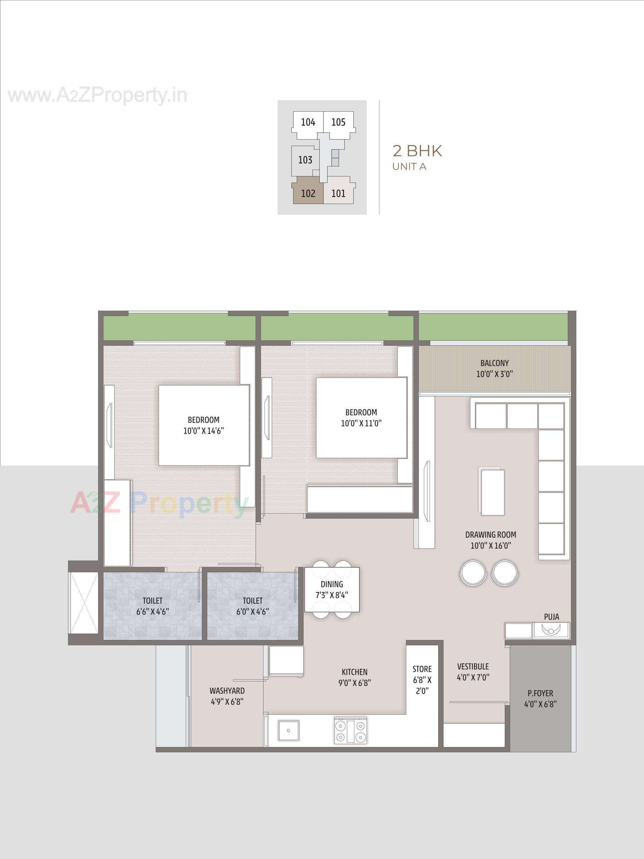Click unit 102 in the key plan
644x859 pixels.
(308, 193)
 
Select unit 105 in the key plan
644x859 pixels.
(338, 122)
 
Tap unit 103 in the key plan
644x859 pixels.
(305, 160)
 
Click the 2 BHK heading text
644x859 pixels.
(417, 151)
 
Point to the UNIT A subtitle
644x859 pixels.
(410, 166)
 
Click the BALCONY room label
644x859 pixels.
(494, 363)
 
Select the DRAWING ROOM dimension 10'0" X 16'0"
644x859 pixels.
(490, 545)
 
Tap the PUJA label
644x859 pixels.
(551, 617)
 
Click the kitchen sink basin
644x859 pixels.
(289, 731)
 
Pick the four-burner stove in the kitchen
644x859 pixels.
(350, 731)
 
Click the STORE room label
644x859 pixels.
(422, 669)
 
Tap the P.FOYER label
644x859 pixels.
(540, 693)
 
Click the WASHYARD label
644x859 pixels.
(227, 691)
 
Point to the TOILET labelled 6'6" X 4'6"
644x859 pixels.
(152, 606)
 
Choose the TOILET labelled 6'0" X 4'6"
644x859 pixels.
(252, 606)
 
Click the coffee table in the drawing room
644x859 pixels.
(493, 492)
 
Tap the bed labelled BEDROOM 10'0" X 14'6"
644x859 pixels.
(204, 425)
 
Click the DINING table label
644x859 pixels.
(332, 584)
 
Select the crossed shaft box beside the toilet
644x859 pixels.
(83, 603)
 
